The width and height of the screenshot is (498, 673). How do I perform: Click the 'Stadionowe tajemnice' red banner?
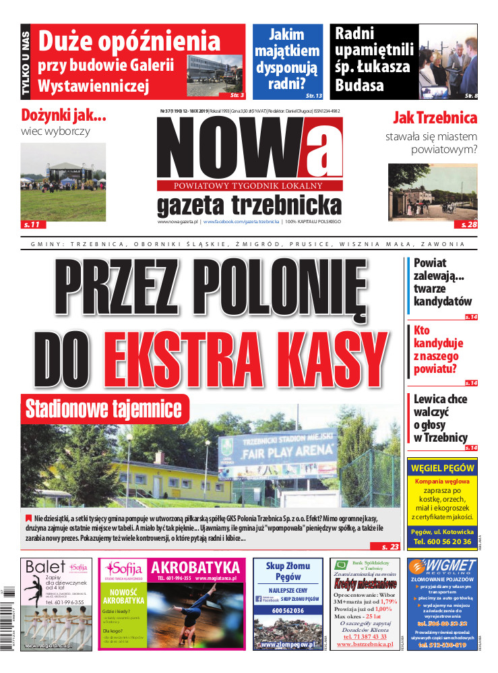pyautogui.click(x=103, y=409)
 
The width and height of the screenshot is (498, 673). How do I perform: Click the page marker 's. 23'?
pyautogui.click(x=390, y=546)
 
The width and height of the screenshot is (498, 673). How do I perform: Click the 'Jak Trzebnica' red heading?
pyautogui.click(x=435, y=118)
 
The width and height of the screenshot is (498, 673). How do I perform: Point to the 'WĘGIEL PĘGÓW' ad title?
pyautogui.click(x=442, y=468)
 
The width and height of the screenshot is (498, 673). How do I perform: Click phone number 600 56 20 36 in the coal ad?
pyautogui.click(x=442, y=542)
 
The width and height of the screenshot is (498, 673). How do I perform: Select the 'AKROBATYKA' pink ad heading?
pyautogui.click(x=195, y=566)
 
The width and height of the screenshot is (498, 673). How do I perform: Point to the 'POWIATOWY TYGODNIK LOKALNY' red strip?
pyautogui.click(x=249, y=186)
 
